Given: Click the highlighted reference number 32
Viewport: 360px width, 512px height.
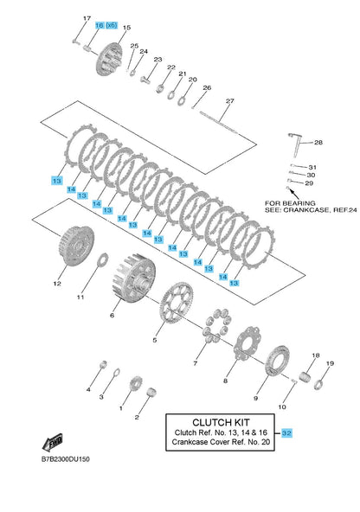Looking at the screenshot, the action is (x=286, y=433).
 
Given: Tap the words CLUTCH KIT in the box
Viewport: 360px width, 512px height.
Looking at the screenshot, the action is (x=221, y=423).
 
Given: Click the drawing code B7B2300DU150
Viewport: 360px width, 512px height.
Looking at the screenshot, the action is (x=65, y=459).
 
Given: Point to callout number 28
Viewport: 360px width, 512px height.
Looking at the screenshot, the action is (x=318, y=143).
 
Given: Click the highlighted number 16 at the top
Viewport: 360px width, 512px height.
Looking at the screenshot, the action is (x=100, y=25).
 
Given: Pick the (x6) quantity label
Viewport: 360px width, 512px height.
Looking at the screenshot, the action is (x=112, y=25).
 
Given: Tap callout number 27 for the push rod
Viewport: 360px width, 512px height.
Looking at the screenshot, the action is (x=230, y=101).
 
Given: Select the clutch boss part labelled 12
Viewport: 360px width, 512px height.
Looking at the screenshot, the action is (x=77, y=244).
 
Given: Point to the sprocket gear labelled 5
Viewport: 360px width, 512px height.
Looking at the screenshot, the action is (x=177, y=303).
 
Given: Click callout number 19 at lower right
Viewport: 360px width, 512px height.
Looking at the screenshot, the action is (x=330, y=363).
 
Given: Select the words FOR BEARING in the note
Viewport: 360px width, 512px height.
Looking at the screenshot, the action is (x=290, y=203).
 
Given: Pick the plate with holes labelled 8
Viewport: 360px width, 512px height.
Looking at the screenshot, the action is (x=247, y=342).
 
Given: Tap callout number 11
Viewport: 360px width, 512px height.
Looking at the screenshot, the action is (x=80, y=298).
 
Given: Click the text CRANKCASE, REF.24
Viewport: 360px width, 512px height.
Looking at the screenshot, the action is (x=320, y=210).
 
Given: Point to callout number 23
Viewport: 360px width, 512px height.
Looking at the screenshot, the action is (x=157, y=60).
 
